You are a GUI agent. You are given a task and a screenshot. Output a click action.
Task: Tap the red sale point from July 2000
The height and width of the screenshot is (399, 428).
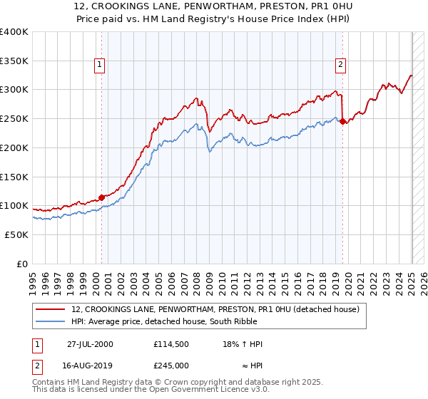pyautogui.click(x=101, y=197)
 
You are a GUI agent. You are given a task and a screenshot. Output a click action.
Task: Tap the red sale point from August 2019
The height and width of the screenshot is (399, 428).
pyautogui.click(x=342, y=121)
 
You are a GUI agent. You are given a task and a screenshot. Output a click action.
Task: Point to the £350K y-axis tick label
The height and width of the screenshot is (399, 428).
pyautogui.click(x=14, y=61)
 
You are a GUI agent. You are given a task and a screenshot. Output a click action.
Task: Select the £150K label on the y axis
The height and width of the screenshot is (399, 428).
pyautogui.click(x=14, y=176)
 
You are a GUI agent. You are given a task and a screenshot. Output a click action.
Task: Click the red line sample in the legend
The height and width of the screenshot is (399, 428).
pyautogui.click(x=50, y=309)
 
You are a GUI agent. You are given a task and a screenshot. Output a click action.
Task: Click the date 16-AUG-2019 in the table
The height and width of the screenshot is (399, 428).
pyautogui.click(x=91, y=365)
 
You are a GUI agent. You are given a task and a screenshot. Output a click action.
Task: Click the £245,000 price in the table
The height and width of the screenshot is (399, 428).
pyautogui.click(x=170, y=365)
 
